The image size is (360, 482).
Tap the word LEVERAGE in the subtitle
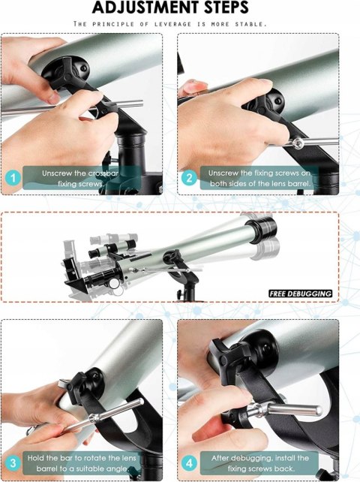172,24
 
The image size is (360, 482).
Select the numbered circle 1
13,178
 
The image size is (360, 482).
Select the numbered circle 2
189,178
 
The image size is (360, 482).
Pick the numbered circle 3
13,463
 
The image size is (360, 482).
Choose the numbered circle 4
189,463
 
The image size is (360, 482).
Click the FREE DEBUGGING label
301,294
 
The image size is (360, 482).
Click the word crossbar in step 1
103,173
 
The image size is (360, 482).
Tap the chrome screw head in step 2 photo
297,143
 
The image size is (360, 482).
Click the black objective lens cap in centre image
262,228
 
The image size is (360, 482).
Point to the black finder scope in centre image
112,249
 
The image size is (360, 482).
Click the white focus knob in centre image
115,283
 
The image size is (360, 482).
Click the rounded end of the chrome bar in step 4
319,411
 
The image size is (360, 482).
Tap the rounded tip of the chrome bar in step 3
141,402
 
